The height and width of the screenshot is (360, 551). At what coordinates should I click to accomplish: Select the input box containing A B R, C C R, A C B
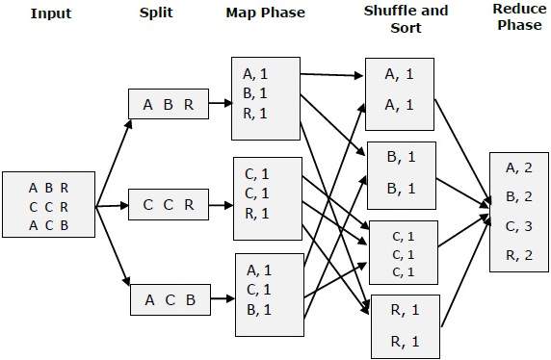pyautogui.click(x=49, y=204)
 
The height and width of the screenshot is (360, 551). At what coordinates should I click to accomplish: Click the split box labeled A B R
pyautogui.click(x=169, y=105)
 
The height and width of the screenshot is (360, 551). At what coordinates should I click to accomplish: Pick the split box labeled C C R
pyautogui.click(x=169, y=204)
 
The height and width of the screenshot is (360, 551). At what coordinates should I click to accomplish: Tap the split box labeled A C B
pyautogui.click(x=169, y=299)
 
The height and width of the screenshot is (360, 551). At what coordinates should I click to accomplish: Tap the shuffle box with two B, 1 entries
pyautogui.click(x=401, y=172)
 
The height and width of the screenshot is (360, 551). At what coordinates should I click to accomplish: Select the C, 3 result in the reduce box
pyautogui.click(x=519, y=227)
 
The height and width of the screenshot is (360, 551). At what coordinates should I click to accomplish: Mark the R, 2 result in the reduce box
pyautogui.click(x=519, y=256)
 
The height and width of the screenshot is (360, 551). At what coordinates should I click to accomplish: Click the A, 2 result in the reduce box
pyautogui.click(x=519, y=167)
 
